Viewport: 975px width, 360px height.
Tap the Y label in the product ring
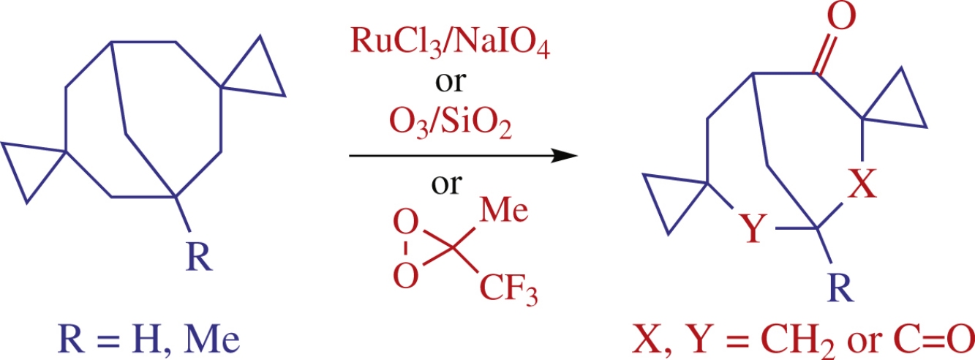click(754, 231)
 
